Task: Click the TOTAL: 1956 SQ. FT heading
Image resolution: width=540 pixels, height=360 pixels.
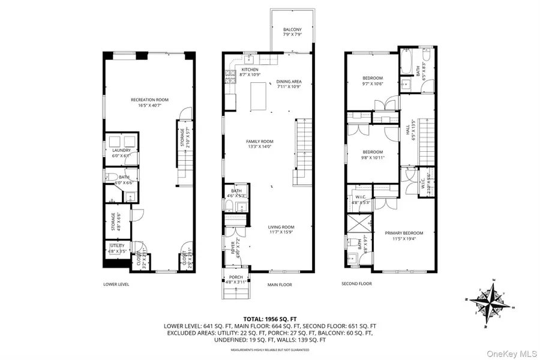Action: coord(270,319)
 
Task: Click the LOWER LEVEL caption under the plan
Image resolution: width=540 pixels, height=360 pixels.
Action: coord(116,284)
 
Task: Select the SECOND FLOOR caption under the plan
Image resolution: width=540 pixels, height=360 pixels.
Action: coord(356,284)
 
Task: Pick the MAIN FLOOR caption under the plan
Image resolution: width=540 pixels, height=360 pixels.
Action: coord(280,284)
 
